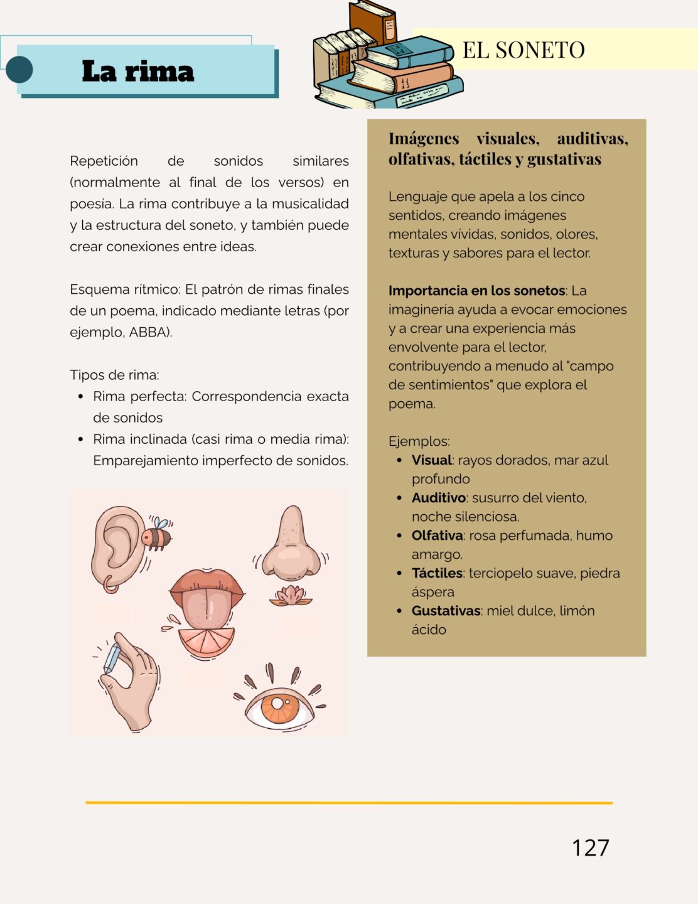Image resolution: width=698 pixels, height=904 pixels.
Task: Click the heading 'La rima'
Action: [x=138, y=71]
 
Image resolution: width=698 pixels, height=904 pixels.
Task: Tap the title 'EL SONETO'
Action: [x=523, y=50]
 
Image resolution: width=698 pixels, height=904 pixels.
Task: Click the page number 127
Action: [x=590, y=847]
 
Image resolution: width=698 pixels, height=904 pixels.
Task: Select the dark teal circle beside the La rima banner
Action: [x=19, y=70]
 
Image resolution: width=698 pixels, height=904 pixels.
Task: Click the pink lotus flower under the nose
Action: [x=291, y=596]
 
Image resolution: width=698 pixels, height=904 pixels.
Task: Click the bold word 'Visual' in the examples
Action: [x=432, y=460]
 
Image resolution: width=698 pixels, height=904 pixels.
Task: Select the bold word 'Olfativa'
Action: [x=437, y=535]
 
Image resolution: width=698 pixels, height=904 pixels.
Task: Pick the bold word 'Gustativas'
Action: [x=446, y=611]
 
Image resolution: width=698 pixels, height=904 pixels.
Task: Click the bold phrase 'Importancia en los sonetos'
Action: [x=476, y=291]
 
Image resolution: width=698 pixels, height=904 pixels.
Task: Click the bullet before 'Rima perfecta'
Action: [x=80, y=397]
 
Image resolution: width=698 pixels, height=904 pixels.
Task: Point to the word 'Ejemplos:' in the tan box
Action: [x=419, y=441]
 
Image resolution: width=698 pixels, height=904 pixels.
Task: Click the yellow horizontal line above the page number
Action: [x=349, y=802]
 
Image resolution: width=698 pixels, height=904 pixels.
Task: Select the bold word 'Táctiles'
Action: [x=437, y=573]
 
